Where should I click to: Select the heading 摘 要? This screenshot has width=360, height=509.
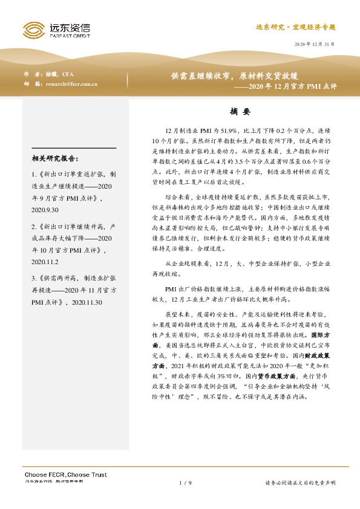click(x=240, y=112)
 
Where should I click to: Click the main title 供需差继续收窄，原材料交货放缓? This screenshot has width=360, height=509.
click(x=234, y=76)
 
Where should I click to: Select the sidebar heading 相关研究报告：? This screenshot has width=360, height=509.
click(x=54, y=158)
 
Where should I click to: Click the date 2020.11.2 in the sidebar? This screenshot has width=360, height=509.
click(x=45, y=246)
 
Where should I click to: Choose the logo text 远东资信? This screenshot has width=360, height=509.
click(x=70, y=27)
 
